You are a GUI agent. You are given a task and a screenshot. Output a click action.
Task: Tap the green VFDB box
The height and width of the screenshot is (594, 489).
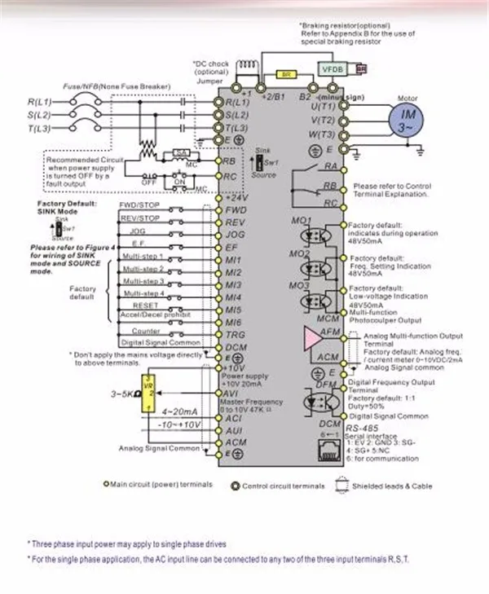(333, 69)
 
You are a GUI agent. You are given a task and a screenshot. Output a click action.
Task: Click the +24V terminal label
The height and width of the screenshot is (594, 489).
(236, 198)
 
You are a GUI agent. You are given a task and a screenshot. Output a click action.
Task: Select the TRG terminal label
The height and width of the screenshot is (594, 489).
(235, 335)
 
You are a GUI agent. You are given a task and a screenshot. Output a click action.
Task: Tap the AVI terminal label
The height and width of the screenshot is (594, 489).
(232, 394)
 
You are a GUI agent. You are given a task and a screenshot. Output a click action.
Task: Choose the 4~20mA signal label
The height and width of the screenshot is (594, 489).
(178, 411)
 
